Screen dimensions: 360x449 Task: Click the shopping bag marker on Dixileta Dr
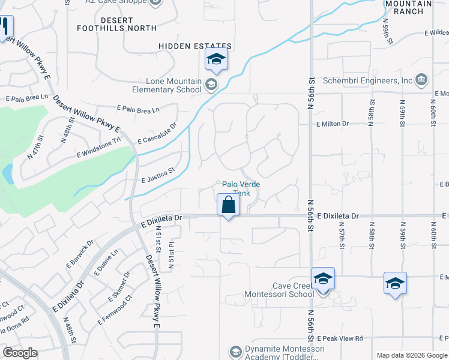[229, 205]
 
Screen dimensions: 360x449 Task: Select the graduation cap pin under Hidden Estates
[216, 60]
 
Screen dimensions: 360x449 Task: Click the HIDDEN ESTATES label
[195, 46]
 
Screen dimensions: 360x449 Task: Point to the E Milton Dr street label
[333, 124]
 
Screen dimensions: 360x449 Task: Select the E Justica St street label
[157, 175]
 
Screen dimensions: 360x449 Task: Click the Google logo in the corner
[20, 353]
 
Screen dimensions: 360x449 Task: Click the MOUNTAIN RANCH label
[408, 7]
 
